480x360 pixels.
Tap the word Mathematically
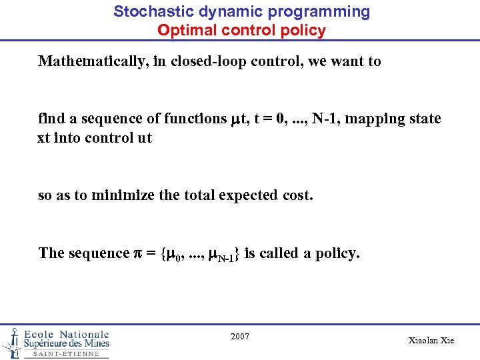coord(93,61)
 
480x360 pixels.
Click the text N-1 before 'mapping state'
coord(325,119)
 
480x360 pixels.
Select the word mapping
coord(375,119)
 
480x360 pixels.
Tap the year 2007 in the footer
coord(240,337)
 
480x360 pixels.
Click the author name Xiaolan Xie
coord(431,340)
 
